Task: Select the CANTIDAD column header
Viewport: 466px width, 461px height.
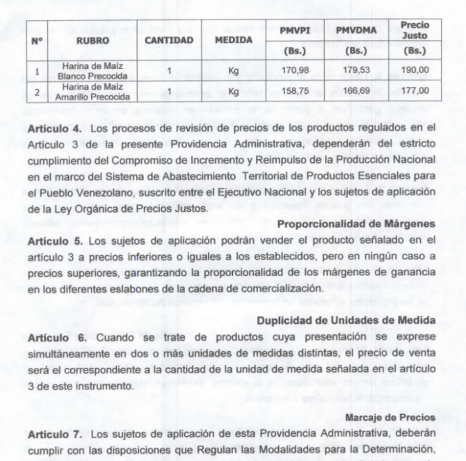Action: (x=168, y=40)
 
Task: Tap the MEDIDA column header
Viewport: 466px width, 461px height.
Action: (x=233, y=40)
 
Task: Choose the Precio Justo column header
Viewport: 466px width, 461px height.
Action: (x=415, y=30)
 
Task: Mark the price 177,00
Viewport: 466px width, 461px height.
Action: (x=415, y=91)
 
